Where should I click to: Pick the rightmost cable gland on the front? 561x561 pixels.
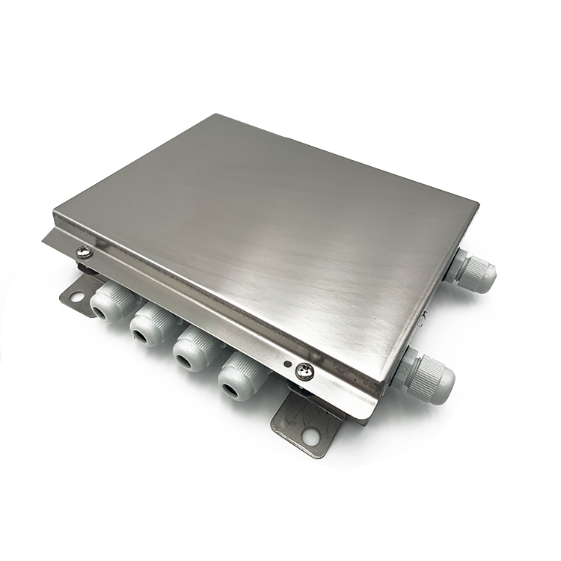click(240, 375)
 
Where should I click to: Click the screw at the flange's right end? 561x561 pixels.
click(304, 370)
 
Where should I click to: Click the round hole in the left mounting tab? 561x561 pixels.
click(76, 296)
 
